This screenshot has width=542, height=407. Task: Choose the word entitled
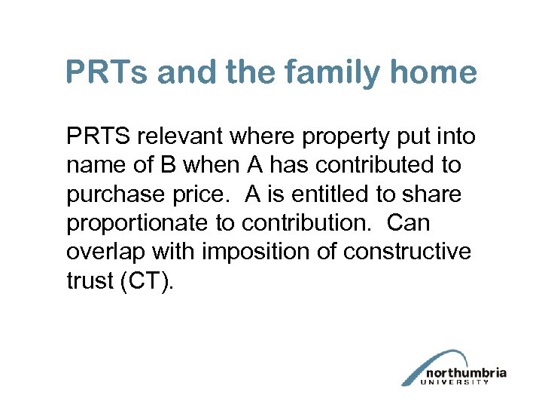pos(332,194)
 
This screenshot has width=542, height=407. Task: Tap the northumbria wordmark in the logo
pos(466,373)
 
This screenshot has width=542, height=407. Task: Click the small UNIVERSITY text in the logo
pos(457,382)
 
